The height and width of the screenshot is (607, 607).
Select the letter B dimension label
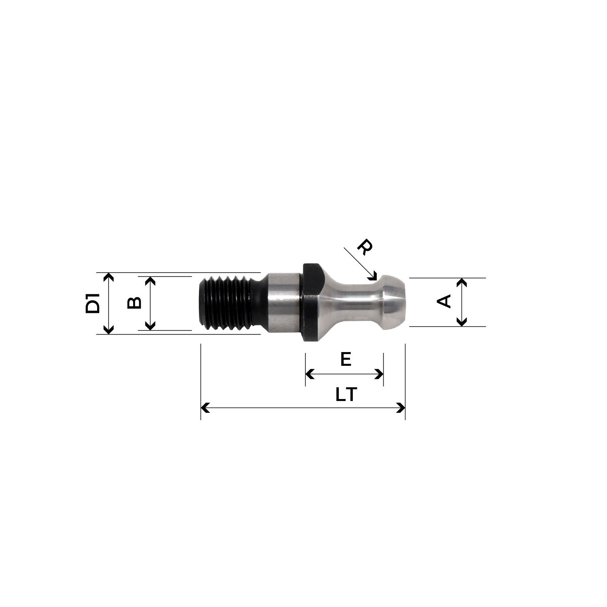[x=134, y=303]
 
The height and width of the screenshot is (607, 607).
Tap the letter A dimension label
[x=444, y=301]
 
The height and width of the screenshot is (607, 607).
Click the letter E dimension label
[x=346, y=359]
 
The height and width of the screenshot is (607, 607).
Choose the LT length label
[x=346, y=395]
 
